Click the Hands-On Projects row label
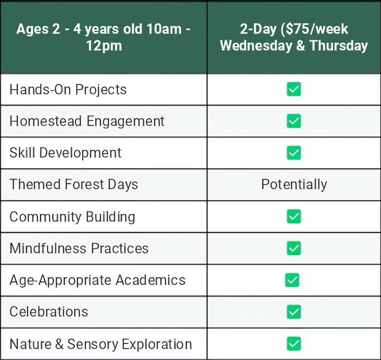[x=68, y=90]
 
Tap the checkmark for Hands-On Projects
[x=294, y=89]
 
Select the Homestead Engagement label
[x=87, y=121]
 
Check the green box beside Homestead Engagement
[x=294, y=121]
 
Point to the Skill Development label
[x=65, y=153]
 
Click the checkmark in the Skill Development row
[x=294, y=153]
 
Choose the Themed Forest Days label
[x=74, y=184]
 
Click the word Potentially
[x=294, y=185]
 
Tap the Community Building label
[x=72, y=217]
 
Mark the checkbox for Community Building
[x=294, y=216]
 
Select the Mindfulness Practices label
[x=79, y=248]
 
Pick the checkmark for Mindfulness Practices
[x=294, y=248]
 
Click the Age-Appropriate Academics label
[x=98, y=280]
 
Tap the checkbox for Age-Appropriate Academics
[x=292, y=280]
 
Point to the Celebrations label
[x=49, y=311]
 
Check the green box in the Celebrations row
[x=294, y=311]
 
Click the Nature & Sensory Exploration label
[x=101, y=344]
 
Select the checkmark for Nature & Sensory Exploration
[x=294, y=344]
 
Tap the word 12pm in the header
[x=104, y=46]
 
